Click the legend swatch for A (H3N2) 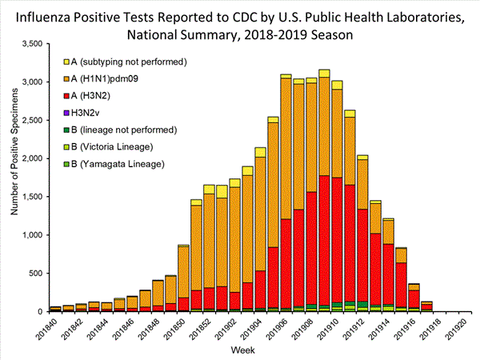click(x=67, y=95)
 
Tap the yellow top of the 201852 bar click(x=209, y=190)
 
